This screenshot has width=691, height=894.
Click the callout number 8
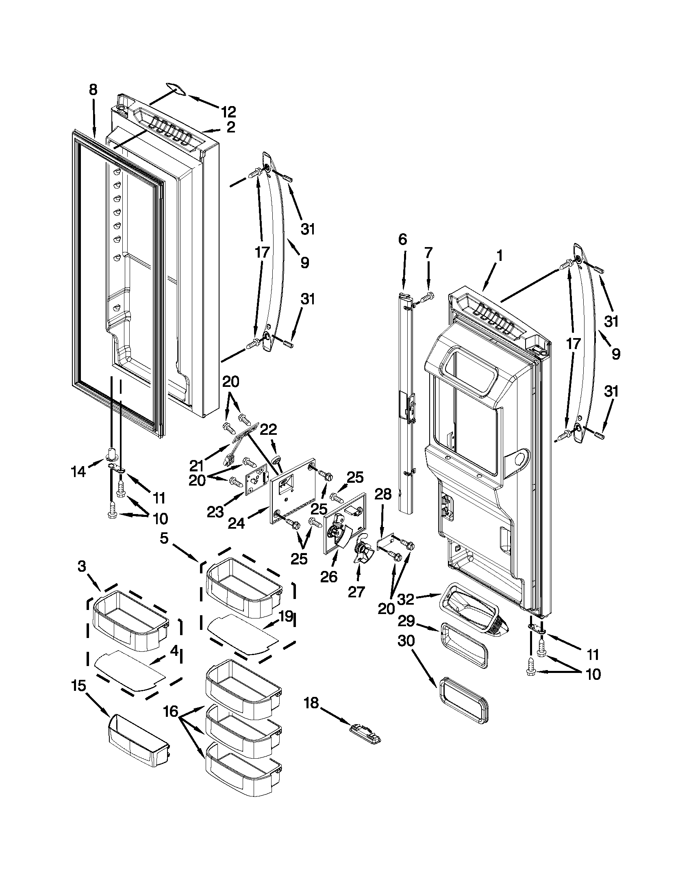[93, 90]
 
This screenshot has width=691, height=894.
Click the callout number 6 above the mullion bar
[402, 239]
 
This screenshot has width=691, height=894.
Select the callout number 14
[78, 471]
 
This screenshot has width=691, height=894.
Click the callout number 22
[269, 430]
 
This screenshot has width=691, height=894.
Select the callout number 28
[383, 494]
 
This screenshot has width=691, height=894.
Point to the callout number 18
[311, 703]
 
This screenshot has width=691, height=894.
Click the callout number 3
[82, 566]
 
